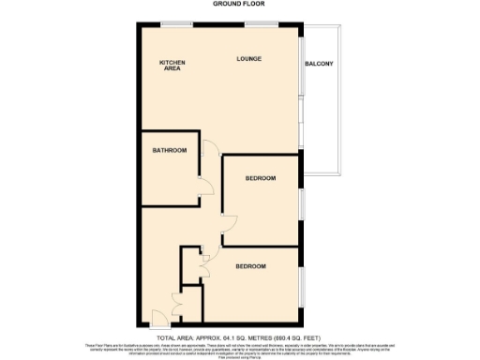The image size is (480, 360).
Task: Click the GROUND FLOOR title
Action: (x=240, y=4)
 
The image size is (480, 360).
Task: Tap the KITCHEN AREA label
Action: (x=172, y=66)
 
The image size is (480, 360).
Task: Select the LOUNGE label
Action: (x=248, y=59)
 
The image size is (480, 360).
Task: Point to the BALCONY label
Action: (x=319, y=64)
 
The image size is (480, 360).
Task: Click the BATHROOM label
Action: (x=170, y=151)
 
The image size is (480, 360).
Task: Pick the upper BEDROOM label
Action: (x=261, y=178)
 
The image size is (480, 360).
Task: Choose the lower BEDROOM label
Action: (x=250, y=267)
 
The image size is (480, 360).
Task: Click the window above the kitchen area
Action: (x=172, y=22)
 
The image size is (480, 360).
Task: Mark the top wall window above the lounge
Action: (x=272, y=22)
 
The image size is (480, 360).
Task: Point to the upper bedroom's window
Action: (x=301, y=201)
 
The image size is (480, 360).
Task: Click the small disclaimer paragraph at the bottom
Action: (x=240, y=350)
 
